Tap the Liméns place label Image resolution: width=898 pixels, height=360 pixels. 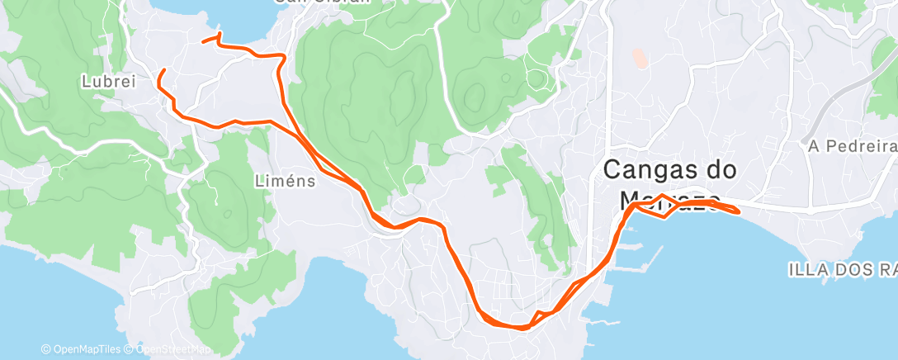[x=285, y=181]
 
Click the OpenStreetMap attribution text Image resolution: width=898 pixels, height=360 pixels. [x=169, y=350]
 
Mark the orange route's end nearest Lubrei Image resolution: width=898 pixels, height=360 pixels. [x=162, y=70]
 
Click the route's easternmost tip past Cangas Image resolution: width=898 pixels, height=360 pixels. [x=738, y=212]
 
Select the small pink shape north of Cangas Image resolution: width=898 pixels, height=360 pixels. [x=640, y=58]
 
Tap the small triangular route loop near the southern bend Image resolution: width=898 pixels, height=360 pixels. [x=541, y=316]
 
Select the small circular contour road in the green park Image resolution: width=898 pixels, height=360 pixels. [x=537, y=79]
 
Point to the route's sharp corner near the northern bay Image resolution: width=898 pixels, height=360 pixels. [x=284, y=57]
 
